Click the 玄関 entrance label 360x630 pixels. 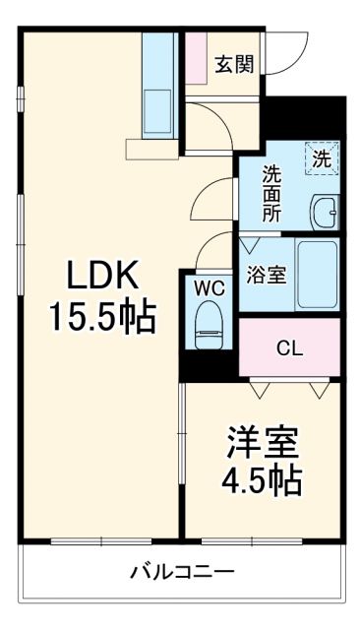point(234,65)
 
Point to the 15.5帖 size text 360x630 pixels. point(102,316)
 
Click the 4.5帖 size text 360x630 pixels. point(261,481)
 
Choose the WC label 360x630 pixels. point(208,288)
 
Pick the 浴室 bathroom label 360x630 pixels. point(265,274)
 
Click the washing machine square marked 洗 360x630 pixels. point(321,158)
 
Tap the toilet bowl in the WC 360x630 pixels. point(209,322)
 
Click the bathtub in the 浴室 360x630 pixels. point(317,275)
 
